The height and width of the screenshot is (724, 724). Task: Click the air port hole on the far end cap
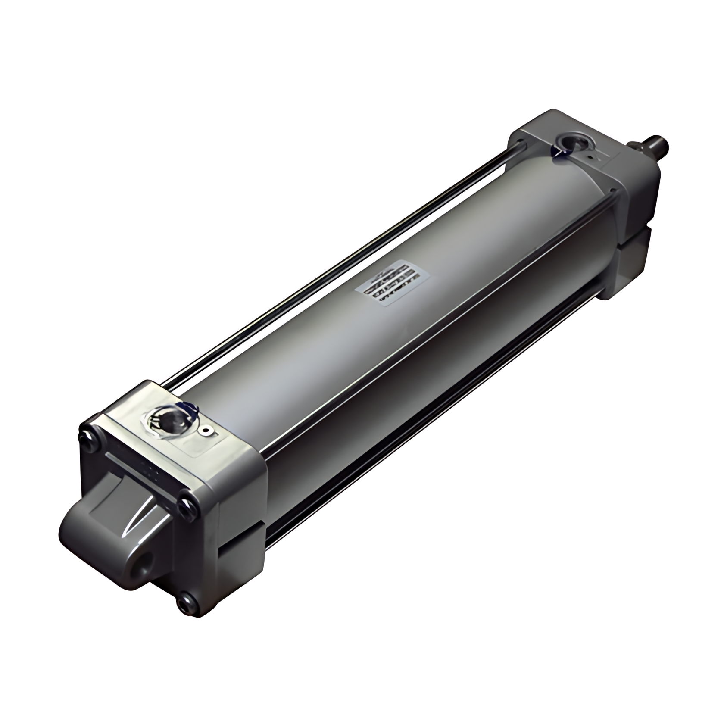coord(570,143)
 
